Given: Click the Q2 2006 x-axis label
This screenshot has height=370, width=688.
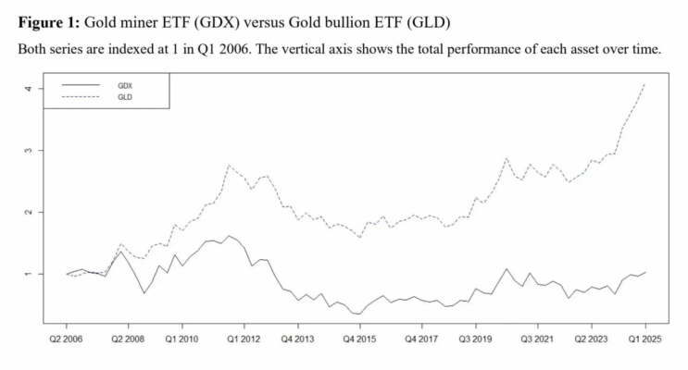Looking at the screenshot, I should (x=68, y=339).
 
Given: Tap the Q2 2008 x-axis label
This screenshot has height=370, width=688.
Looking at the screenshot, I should (x=127, y=339).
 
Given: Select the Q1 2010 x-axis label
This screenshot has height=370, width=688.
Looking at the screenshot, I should (x=181, y=339).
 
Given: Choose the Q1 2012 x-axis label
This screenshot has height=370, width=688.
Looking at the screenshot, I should (x=241, y=339).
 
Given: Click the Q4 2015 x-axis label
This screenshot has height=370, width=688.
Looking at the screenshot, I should (x=357, y=339).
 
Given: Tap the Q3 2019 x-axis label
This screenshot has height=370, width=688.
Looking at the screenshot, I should (x=476, y=339).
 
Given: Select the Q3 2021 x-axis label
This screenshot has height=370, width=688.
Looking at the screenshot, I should (x=536, y=339).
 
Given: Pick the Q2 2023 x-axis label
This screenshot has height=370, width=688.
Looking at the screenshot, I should (x=594, y=339).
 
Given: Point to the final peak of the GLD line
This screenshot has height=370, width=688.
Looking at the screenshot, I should (x=644, y=85).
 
